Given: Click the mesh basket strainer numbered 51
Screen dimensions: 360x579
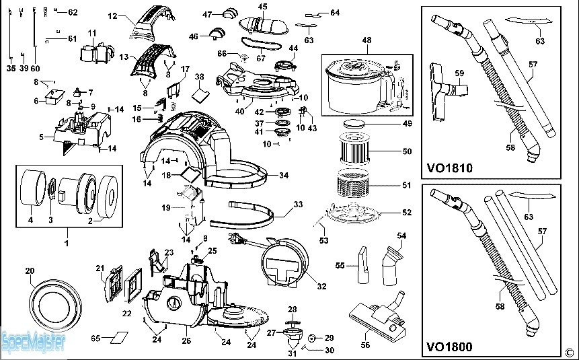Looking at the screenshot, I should (x=362, y=185).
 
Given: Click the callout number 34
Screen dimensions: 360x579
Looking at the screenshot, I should (x=284, y=176).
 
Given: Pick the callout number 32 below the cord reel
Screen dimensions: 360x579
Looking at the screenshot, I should (x=321, y=287).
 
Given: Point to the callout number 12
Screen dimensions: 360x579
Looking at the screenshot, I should (x=112, y=15).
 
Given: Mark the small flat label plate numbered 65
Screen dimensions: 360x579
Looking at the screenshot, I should (x=120, y=336).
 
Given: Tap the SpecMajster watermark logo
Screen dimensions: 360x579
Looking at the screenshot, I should (x=33, y=343).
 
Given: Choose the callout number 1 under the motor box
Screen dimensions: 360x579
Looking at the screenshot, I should (x=67, y=242).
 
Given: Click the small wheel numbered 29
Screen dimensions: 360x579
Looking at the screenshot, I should (x=312, y=337).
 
